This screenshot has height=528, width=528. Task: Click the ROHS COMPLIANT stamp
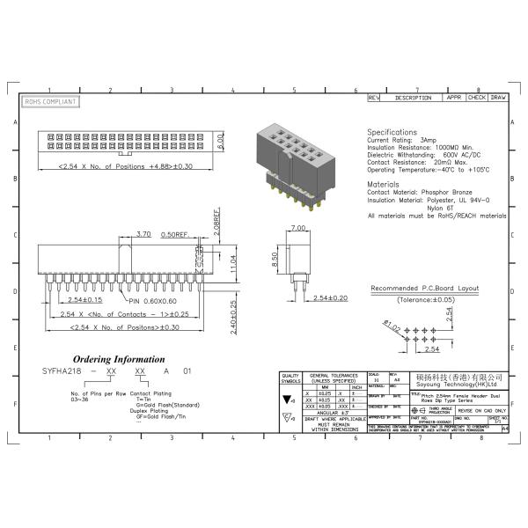click(50, 102)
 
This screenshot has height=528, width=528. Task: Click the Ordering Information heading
click(119, 359)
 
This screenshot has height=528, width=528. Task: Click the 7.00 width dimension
click(295, 229)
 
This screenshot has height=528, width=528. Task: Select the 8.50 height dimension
click(275, 260)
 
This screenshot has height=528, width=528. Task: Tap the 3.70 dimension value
click(143, 234)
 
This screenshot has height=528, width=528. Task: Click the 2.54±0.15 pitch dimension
click(88, 301)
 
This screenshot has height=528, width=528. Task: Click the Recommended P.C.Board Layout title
click(424, 289)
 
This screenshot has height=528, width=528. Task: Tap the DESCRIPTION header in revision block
click(412, 98)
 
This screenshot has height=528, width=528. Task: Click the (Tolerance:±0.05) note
click(425, 299)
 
